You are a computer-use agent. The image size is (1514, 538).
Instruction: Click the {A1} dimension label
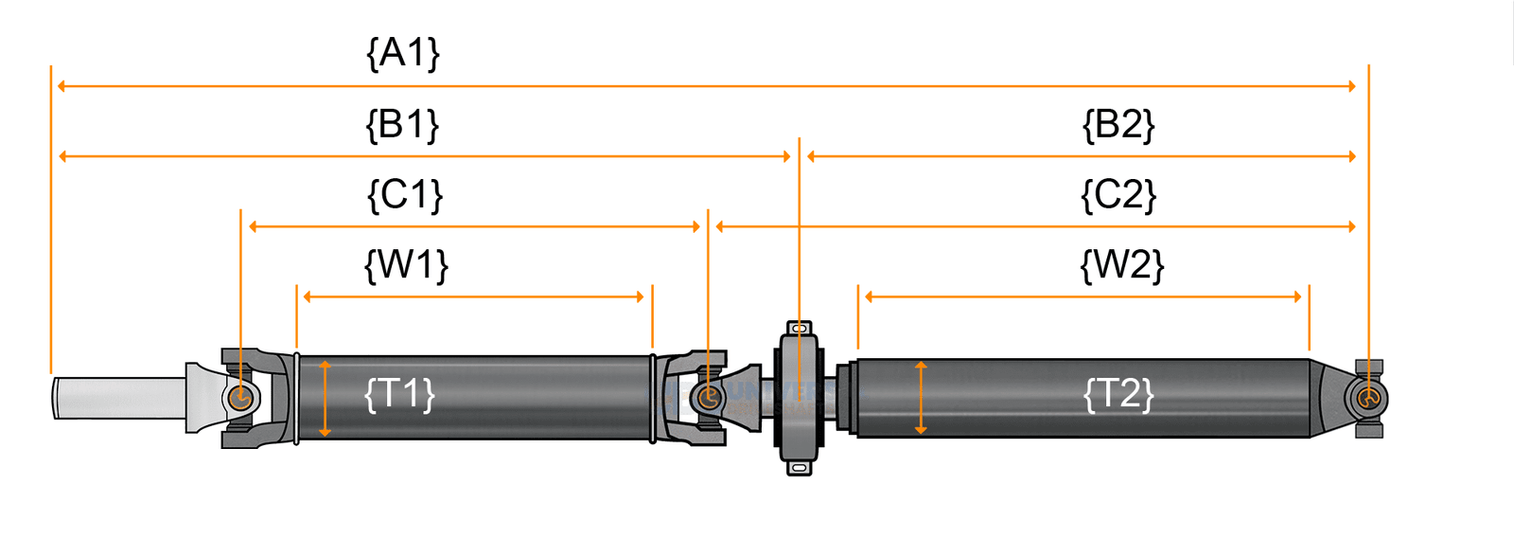point(403,53)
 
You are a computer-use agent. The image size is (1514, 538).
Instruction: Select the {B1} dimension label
point(403,124)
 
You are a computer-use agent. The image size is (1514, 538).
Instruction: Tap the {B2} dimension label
point(1118,124)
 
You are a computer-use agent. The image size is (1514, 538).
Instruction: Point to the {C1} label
point(405,195)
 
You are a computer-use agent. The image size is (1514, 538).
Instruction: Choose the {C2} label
point(1118,195)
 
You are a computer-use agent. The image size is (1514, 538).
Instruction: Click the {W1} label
point(406,265)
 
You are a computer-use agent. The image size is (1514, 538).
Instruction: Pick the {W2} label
point(1121,265)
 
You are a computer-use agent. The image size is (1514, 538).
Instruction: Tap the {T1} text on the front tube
point(399,393)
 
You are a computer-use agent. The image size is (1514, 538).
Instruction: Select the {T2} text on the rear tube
point(1118,393)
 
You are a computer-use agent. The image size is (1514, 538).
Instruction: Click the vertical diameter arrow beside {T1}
point(325,398)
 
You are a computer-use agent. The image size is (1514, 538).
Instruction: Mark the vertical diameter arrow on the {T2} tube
point(921,398)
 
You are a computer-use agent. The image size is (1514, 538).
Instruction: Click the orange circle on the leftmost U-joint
point(240,397)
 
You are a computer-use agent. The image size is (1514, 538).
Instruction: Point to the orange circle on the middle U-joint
point(708,397)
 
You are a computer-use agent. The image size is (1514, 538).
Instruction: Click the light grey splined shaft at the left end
point(118,398)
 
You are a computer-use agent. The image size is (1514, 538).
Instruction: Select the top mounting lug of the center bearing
point(800,329)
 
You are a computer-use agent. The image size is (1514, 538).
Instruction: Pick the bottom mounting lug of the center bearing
point(800,467)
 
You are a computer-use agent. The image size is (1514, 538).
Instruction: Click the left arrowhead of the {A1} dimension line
point(62,86)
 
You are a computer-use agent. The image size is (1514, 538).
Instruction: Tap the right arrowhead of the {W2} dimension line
point(1297,296)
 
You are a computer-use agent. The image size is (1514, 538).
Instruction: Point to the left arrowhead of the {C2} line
point(720,226)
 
